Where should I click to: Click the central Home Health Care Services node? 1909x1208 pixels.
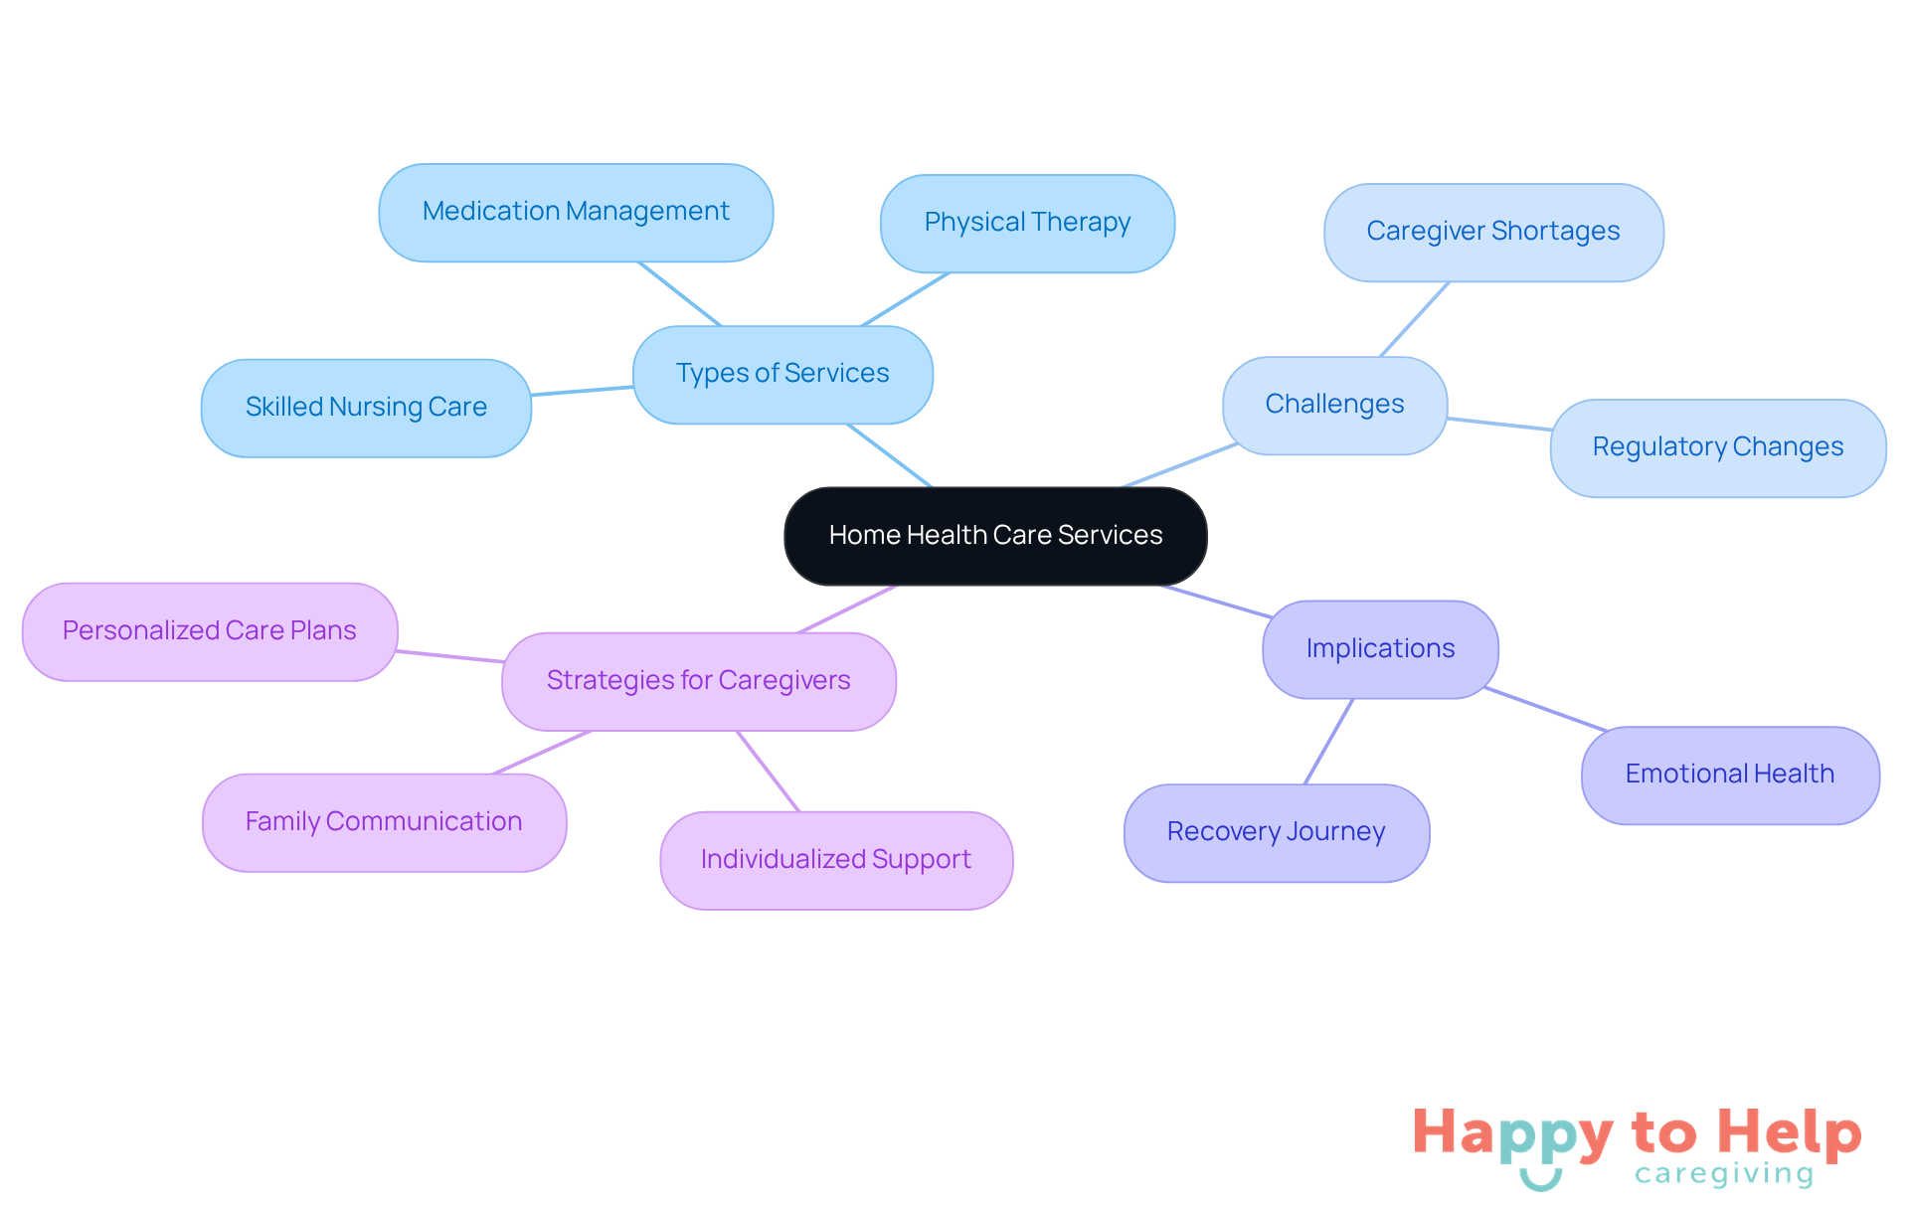coord(995,536)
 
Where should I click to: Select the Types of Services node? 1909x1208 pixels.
coord(782,374)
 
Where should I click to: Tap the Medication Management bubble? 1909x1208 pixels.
coord(576,212)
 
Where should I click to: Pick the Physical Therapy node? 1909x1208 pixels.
coord(1027,223)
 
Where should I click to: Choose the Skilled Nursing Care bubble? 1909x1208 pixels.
coord(366,408)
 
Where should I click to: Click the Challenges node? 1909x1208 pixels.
coord(1334,405)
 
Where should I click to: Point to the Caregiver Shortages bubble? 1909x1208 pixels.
coord(1492,232)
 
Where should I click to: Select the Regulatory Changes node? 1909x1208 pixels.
coord(1717,447)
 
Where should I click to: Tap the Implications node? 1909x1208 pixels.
coord(1380,649)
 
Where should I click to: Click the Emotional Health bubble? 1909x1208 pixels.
coord(1729,775)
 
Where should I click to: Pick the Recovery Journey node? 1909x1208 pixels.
coord(1276,832)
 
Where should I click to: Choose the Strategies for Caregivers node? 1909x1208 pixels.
coord(698,681)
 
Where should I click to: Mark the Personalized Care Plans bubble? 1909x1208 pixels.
coord(210,631)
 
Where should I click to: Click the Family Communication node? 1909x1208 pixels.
coord(384,822)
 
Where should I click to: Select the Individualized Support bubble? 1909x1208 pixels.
coord(836,860)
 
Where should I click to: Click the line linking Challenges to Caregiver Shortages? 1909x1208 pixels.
coord(1414,319)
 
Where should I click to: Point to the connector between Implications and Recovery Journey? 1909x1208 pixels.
coord(1328,742)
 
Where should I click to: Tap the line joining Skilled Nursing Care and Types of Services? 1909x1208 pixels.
coord(583,391)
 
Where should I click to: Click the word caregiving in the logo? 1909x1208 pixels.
coord(1724,1174)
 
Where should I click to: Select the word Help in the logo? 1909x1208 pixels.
coord(1789,1132)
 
